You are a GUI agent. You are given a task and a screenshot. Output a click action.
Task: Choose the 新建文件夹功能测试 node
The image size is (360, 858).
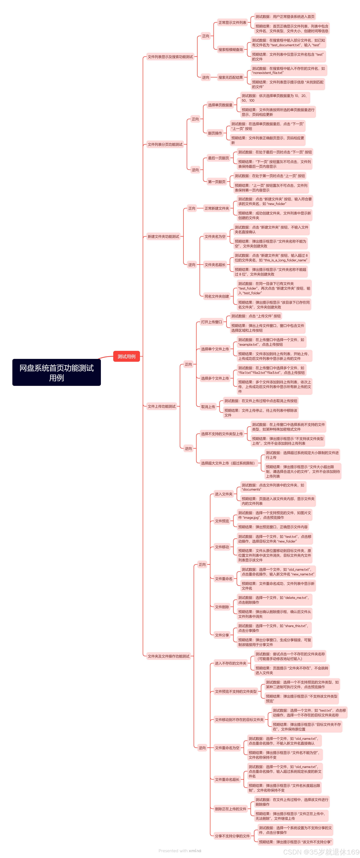[x=163, y=237]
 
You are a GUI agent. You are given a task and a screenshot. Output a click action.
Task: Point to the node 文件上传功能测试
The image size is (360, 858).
[x=161, y=406]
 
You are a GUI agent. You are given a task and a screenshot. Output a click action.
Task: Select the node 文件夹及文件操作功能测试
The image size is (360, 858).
[x=169, y=656]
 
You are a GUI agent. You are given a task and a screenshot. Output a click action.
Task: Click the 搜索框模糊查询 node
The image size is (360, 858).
[x=230, y=50]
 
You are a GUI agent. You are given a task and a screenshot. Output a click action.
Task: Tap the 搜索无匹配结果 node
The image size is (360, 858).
[x=230, y=77]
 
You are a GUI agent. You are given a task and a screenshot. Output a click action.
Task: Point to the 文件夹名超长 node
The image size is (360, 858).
[x=215, y=265]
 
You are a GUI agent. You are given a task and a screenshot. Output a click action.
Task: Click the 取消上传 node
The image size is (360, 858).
[x=208, y=407]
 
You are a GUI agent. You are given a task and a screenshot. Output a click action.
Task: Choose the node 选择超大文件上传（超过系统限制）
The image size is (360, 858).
[x=228, y=463]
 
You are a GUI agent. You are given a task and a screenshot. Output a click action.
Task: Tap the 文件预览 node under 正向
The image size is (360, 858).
[x=222, y=521]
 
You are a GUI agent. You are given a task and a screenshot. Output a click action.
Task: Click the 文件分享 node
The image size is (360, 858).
[x=222, y=635]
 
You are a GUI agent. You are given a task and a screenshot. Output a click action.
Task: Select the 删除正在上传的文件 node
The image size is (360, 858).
[x=230, y=809]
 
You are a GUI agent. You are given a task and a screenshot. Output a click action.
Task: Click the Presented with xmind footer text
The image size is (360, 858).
[x=180, y=850]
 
